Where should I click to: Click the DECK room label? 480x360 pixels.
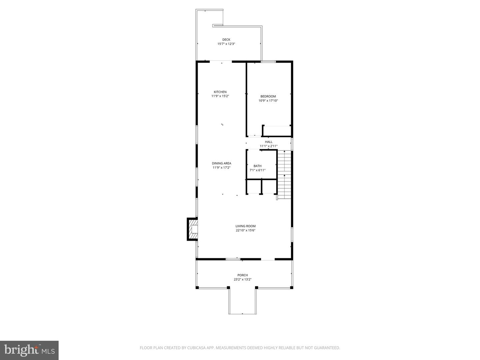[x=226, y=40]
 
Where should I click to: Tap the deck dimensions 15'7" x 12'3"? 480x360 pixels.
[x=226, y=44]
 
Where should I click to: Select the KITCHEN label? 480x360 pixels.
[x=220, y=92]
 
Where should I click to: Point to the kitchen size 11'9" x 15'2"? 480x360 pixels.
[x=220, y=96]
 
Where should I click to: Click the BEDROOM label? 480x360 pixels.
[x=268, y=96]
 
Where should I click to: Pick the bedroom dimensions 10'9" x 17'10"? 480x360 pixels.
[x=268, y=101]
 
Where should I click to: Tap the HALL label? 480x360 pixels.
[x=269, y=142]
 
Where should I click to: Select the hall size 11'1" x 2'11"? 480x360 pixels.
[x=269, y=146]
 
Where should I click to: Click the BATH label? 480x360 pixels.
[x=257, y=166]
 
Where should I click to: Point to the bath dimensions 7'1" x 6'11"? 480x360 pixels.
[x=257, y=170]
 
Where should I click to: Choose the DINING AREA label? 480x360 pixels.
[x=221, y=163]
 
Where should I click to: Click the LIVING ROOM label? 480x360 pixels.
[x=245, y=226]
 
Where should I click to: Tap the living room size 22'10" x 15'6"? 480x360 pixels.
[x=245, y=230]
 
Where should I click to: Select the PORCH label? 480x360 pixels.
[x=242, y=275]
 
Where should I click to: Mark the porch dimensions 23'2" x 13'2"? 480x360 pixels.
[x=242, y=280]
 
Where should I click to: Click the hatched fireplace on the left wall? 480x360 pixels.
[x=193, y=229]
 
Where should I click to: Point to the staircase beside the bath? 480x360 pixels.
[x=285, y=175]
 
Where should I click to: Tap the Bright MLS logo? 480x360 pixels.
[x=29, y=350]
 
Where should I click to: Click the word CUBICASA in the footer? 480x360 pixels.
[x=197, y=348]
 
